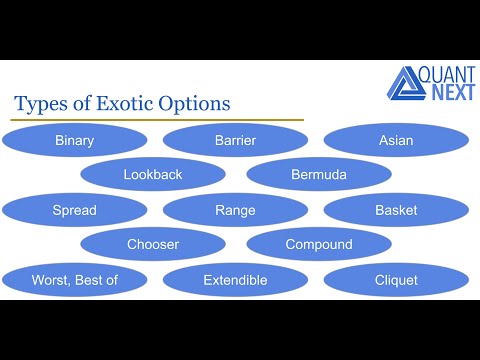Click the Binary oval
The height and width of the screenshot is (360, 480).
[74, 141]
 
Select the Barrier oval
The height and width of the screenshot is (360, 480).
[235, 141]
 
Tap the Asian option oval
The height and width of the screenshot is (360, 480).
[396, 141]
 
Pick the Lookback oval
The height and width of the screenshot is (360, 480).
[153, 175]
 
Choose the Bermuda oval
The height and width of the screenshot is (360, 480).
[318, 175]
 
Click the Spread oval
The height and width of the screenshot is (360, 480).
[74, 210]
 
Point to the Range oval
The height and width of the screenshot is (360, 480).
[235, 210]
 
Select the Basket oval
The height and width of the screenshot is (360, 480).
[396, 210]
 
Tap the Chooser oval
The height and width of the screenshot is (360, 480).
[153, 245]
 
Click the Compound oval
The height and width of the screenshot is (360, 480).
[318, 245]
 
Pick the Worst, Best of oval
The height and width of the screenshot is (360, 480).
[74, 280]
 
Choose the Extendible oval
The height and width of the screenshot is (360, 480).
[235, 280]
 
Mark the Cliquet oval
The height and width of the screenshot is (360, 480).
[396, 280]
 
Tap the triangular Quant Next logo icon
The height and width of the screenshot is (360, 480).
[405, 84]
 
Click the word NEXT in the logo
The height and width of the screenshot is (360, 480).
[450, 93]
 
